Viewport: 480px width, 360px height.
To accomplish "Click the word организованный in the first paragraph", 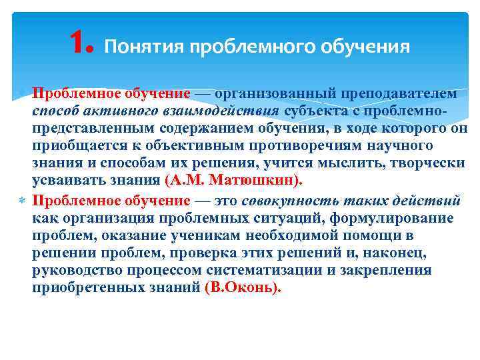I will pos(280,93).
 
